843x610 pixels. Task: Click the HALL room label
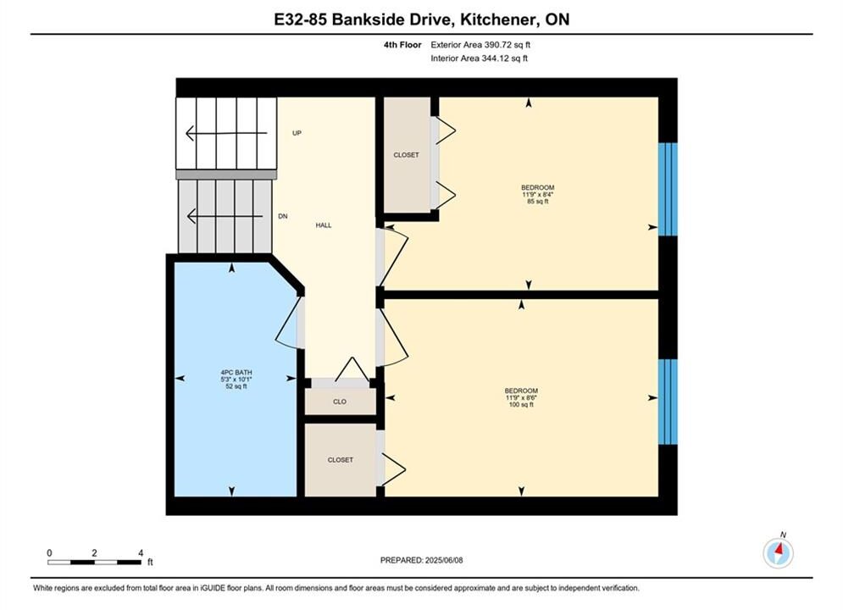pyautogui.click(x=323, y=225)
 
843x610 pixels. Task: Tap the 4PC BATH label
pyautogui.click(x=236, y=373)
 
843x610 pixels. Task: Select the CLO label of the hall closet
pyautogui.click(x=339, y=402)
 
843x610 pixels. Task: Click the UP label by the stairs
pyautogui.click(x=297, y=133)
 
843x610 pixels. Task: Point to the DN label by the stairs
pyautogui.click(x=283, y=216)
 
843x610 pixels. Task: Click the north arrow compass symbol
pyautogui.click(x=778, y=552)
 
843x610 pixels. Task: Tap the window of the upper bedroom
pyautogui.click(x=668, y=189)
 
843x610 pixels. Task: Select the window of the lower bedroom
pyautogui.click(x=668, y=402)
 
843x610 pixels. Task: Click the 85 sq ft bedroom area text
pyautogui.click(x=538, y=202)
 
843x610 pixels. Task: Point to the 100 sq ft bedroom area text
pyautogui.click(x=521, y=404)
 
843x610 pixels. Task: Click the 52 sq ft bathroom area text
pyautogui.click(x=236, y=385)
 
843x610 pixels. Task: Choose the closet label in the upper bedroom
pyautogui.click(x=406, y=155)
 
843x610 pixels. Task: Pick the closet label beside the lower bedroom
pyautogui.click(x=341, y=460)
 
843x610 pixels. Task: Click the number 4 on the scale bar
pyautogui.click(x=141, y=552)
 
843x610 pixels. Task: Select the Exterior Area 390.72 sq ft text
pyautogui.click(x=480, y=45)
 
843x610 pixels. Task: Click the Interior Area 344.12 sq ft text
pyautogui.click(x=479, y=58)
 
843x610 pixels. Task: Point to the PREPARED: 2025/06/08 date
pyautogui.click(x=422, y=560)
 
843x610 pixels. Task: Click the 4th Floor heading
pyautogui.click(x=402, y=45)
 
